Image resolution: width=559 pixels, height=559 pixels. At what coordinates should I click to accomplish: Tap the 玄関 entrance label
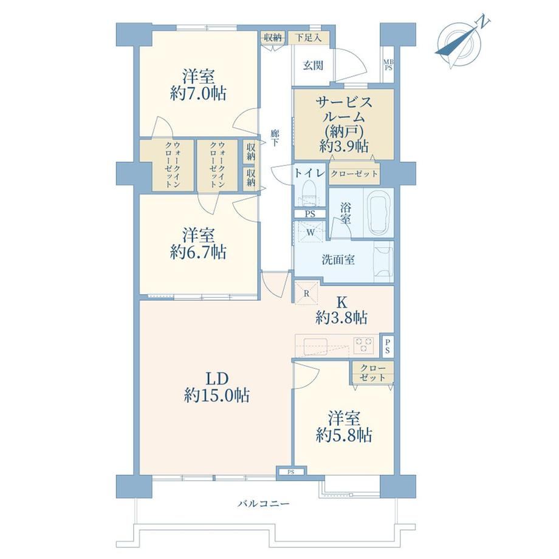pos(313,66)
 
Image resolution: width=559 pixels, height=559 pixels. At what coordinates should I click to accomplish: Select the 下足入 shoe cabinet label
pos(309,38)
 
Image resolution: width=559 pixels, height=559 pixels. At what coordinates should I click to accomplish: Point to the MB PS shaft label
pos(388,64)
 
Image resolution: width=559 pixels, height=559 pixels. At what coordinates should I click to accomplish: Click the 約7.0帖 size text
pos(198,94)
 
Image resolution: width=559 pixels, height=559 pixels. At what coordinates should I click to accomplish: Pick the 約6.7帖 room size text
pos(198,252)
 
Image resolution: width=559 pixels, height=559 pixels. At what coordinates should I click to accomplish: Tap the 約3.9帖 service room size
pos(344,146)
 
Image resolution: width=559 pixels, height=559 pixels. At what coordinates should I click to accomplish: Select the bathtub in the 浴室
pos(380,213)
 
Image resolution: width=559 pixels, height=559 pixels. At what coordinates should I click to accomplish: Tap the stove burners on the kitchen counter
pos(364,345)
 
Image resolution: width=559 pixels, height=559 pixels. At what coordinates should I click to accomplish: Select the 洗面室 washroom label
pos(338,259)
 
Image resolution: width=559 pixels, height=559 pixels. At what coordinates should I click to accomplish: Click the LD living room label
pos(216,379)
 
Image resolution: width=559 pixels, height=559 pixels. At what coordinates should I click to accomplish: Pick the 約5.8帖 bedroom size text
pos(344,435)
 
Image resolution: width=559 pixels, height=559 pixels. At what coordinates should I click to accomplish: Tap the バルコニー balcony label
pos(264,504)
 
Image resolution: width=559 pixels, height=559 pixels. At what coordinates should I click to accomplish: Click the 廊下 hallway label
pos(275,139)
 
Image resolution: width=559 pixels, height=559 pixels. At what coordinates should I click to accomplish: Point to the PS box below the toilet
pos(310,214)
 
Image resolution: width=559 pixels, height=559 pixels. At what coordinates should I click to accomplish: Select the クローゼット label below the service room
pos(354,174)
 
